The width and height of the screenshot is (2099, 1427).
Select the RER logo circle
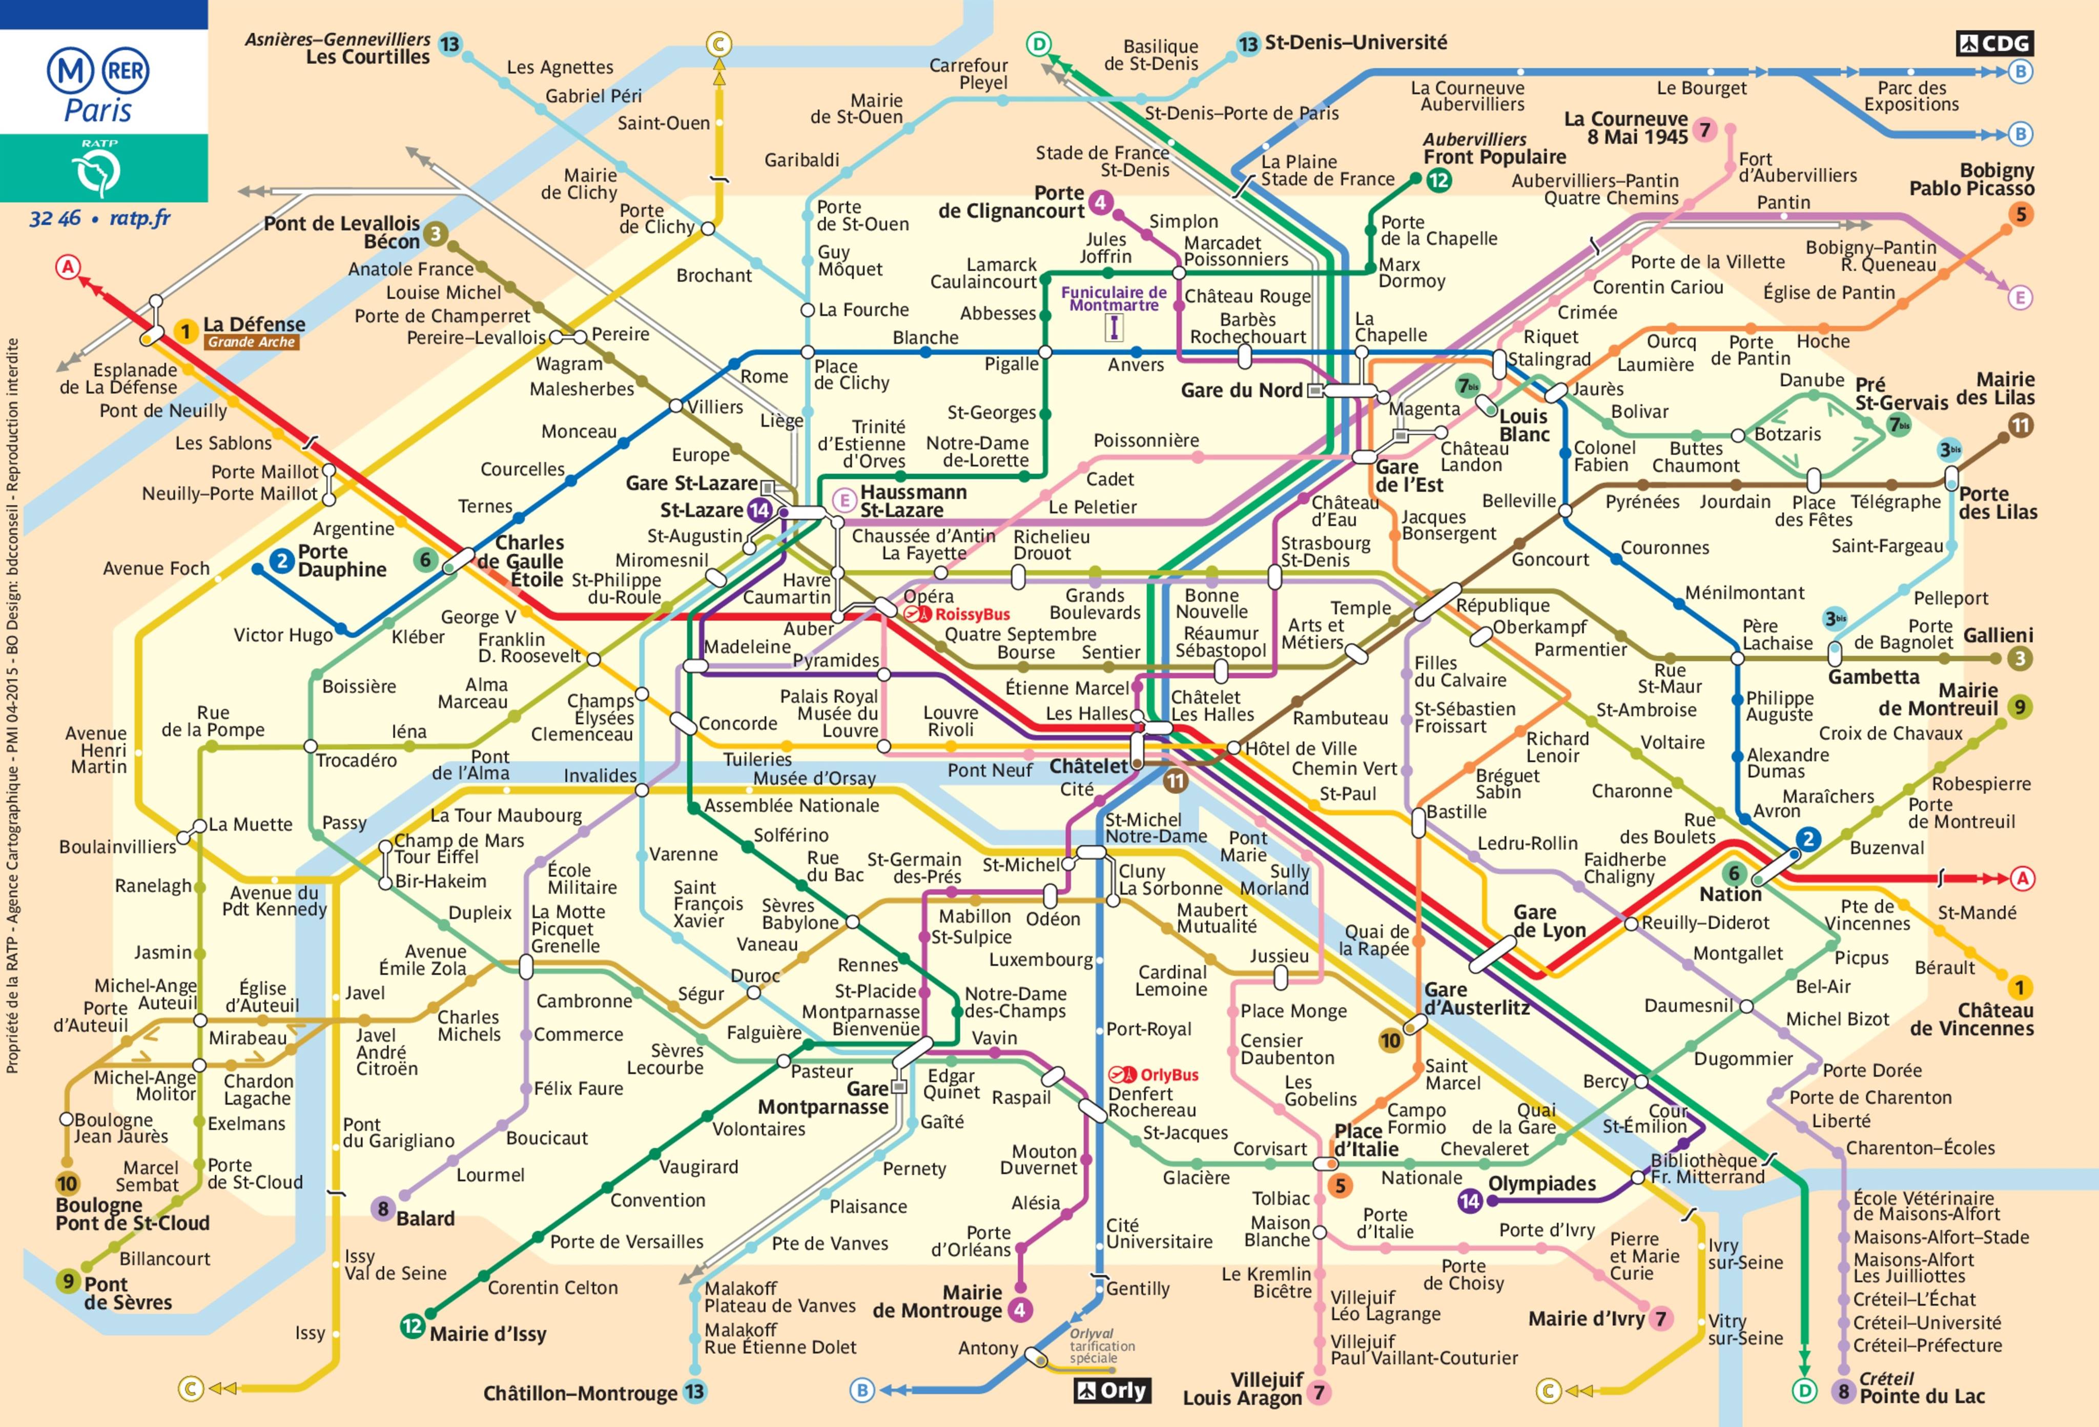pyautogui.click(x=126, y=70)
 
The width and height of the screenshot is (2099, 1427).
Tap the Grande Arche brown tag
pyautogui.click(x=251, y=342)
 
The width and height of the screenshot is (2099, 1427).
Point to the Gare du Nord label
pyautogui.click(x=1241, y=390)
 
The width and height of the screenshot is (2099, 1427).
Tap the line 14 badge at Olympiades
pyautogui.click(x=1470, y=1200)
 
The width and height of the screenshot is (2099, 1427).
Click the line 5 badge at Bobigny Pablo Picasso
pyautogui.click(x=2021, y=214)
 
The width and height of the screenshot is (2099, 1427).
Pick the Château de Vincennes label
pyautogui.click(x=1971, y=1019)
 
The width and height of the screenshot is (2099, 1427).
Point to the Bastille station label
pyautogui.click(x=1456, y=811)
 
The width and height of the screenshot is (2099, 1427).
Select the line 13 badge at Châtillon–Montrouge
pyautogui.click(x=694, y=1392)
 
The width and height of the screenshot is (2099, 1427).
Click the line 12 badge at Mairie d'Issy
pyautogui.click(x=412, y=1326)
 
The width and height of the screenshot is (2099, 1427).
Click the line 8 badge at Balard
pyautogui.click(x=383, y=1209)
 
